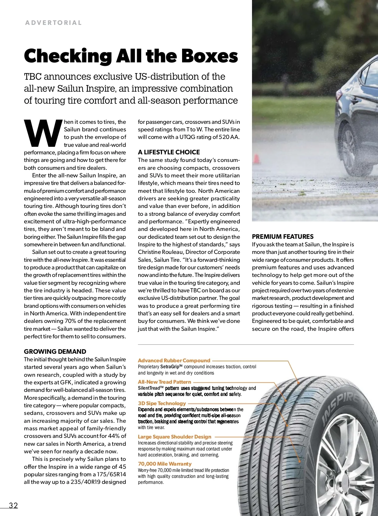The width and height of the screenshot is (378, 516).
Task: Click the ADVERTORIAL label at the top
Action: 54,23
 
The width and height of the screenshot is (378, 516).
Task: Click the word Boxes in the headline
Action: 209,56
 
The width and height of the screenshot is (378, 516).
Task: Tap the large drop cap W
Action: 43,133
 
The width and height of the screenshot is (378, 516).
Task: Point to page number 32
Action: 14,505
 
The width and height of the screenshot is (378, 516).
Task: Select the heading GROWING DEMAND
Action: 55,352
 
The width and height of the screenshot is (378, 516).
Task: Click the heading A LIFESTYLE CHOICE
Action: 169,152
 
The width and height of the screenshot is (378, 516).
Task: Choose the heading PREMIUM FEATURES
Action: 283,237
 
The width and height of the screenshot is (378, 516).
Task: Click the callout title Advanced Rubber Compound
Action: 174,360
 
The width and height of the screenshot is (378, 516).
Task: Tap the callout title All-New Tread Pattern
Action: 164,382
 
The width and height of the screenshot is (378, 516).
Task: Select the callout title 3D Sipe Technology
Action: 162,403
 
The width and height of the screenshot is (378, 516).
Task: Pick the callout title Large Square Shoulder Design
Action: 175,437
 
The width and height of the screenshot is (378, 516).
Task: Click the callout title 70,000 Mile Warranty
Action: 165,464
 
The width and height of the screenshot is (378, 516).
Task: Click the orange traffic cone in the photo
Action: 257,159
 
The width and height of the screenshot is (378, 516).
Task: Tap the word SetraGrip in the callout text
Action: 170,367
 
